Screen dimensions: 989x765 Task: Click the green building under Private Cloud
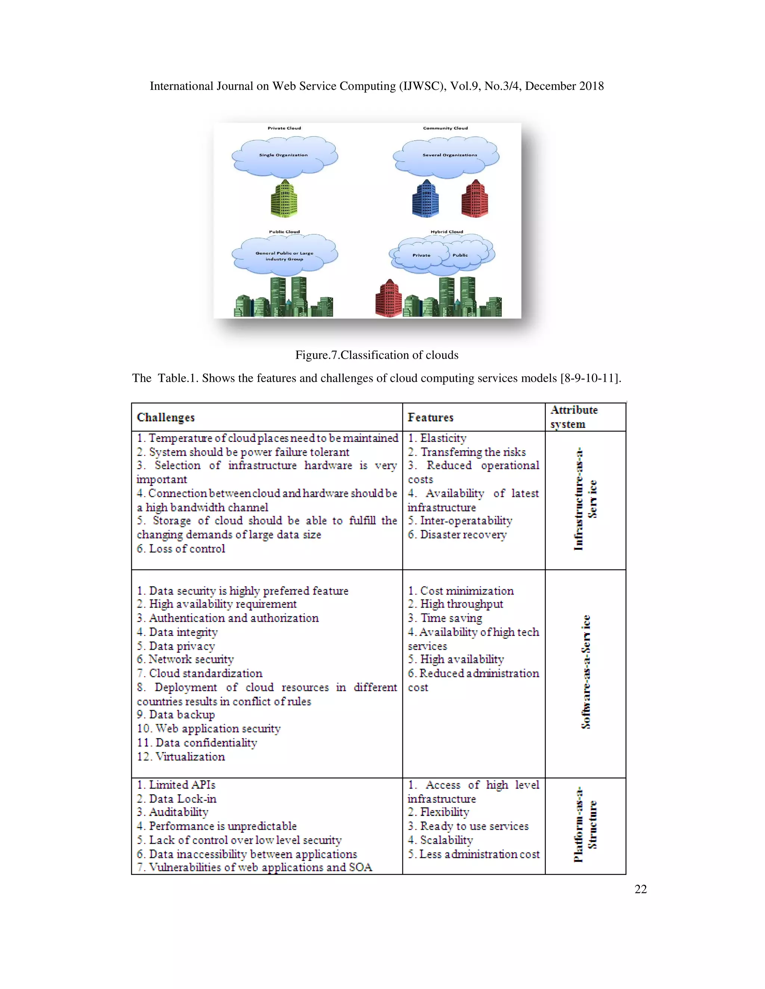(284, 199)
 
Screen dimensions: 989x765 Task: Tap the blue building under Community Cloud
(425, 199)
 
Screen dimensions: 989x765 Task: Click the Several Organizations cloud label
(450, 155)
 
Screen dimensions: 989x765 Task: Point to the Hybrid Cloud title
(446, 232)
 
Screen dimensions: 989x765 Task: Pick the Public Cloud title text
(284, 232)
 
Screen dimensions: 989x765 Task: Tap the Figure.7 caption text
(377, 355)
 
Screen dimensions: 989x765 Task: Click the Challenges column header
(166, 418)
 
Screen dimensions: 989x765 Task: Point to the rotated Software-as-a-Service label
(586, 672)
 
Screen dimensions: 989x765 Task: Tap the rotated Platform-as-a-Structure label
(585, 824)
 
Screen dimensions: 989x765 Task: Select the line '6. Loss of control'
(181, 549)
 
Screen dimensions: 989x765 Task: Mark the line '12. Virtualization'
(181, 757)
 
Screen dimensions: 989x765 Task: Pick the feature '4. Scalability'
(440, 840)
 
